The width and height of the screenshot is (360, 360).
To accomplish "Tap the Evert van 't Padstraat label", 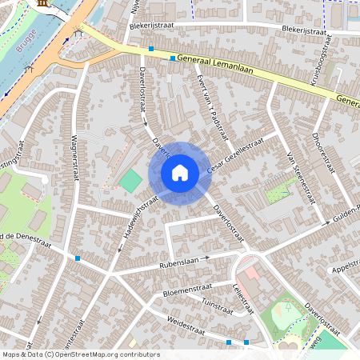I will coord(207,102).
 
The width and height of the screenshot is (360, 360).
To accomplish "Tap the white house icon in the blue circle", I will coord(180,172).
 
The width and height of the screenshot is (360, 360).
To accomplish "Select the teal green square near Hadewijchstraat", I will coord(129,180).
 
